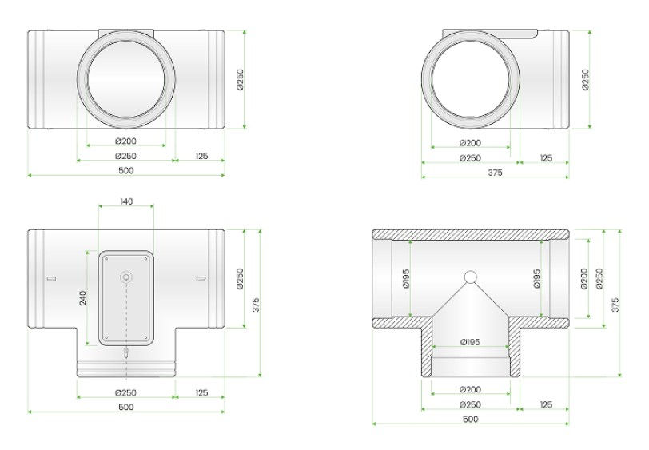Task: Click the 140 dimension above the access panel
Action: pyautogui.click(x=126, y=201)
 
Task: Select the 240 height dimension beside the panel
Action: pyautogui.click(x=83, y=297)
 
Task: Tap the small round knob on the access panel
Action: pyautogui.click(x=125, y=277)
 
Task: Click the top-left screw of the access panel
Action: pyautogui.click(x=106, y=258)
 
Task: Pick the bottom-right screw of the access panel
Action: pyautogui.click(x=146, y=338)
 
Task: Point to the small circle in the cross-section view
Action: pyautogui.click(x=471, y=277)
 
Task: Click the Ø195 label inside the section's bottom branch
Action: pyautogui.click(x=470, y=342)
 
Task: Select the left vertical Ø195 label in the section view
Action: pyautogui.click(x=406, y=278)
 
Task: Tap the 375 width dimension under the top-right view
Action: pyautogui.click(x=495, y=172)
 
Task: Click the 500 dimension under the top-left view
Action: pyautogui.click(x=125, y=170)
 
